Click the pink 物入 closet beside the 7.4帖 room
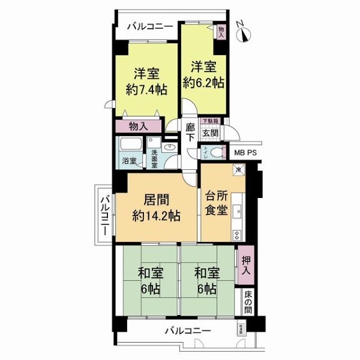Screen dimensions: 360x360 [139, 127]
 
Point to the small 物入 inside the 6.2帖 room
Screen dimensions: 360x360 [220, 32]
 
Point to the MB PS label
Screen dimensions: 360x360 [245, 152]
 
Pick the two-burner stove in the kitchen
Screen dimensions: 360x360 [236, 235]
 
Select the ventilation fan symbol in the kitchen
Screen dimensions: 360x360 [238, 170]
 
